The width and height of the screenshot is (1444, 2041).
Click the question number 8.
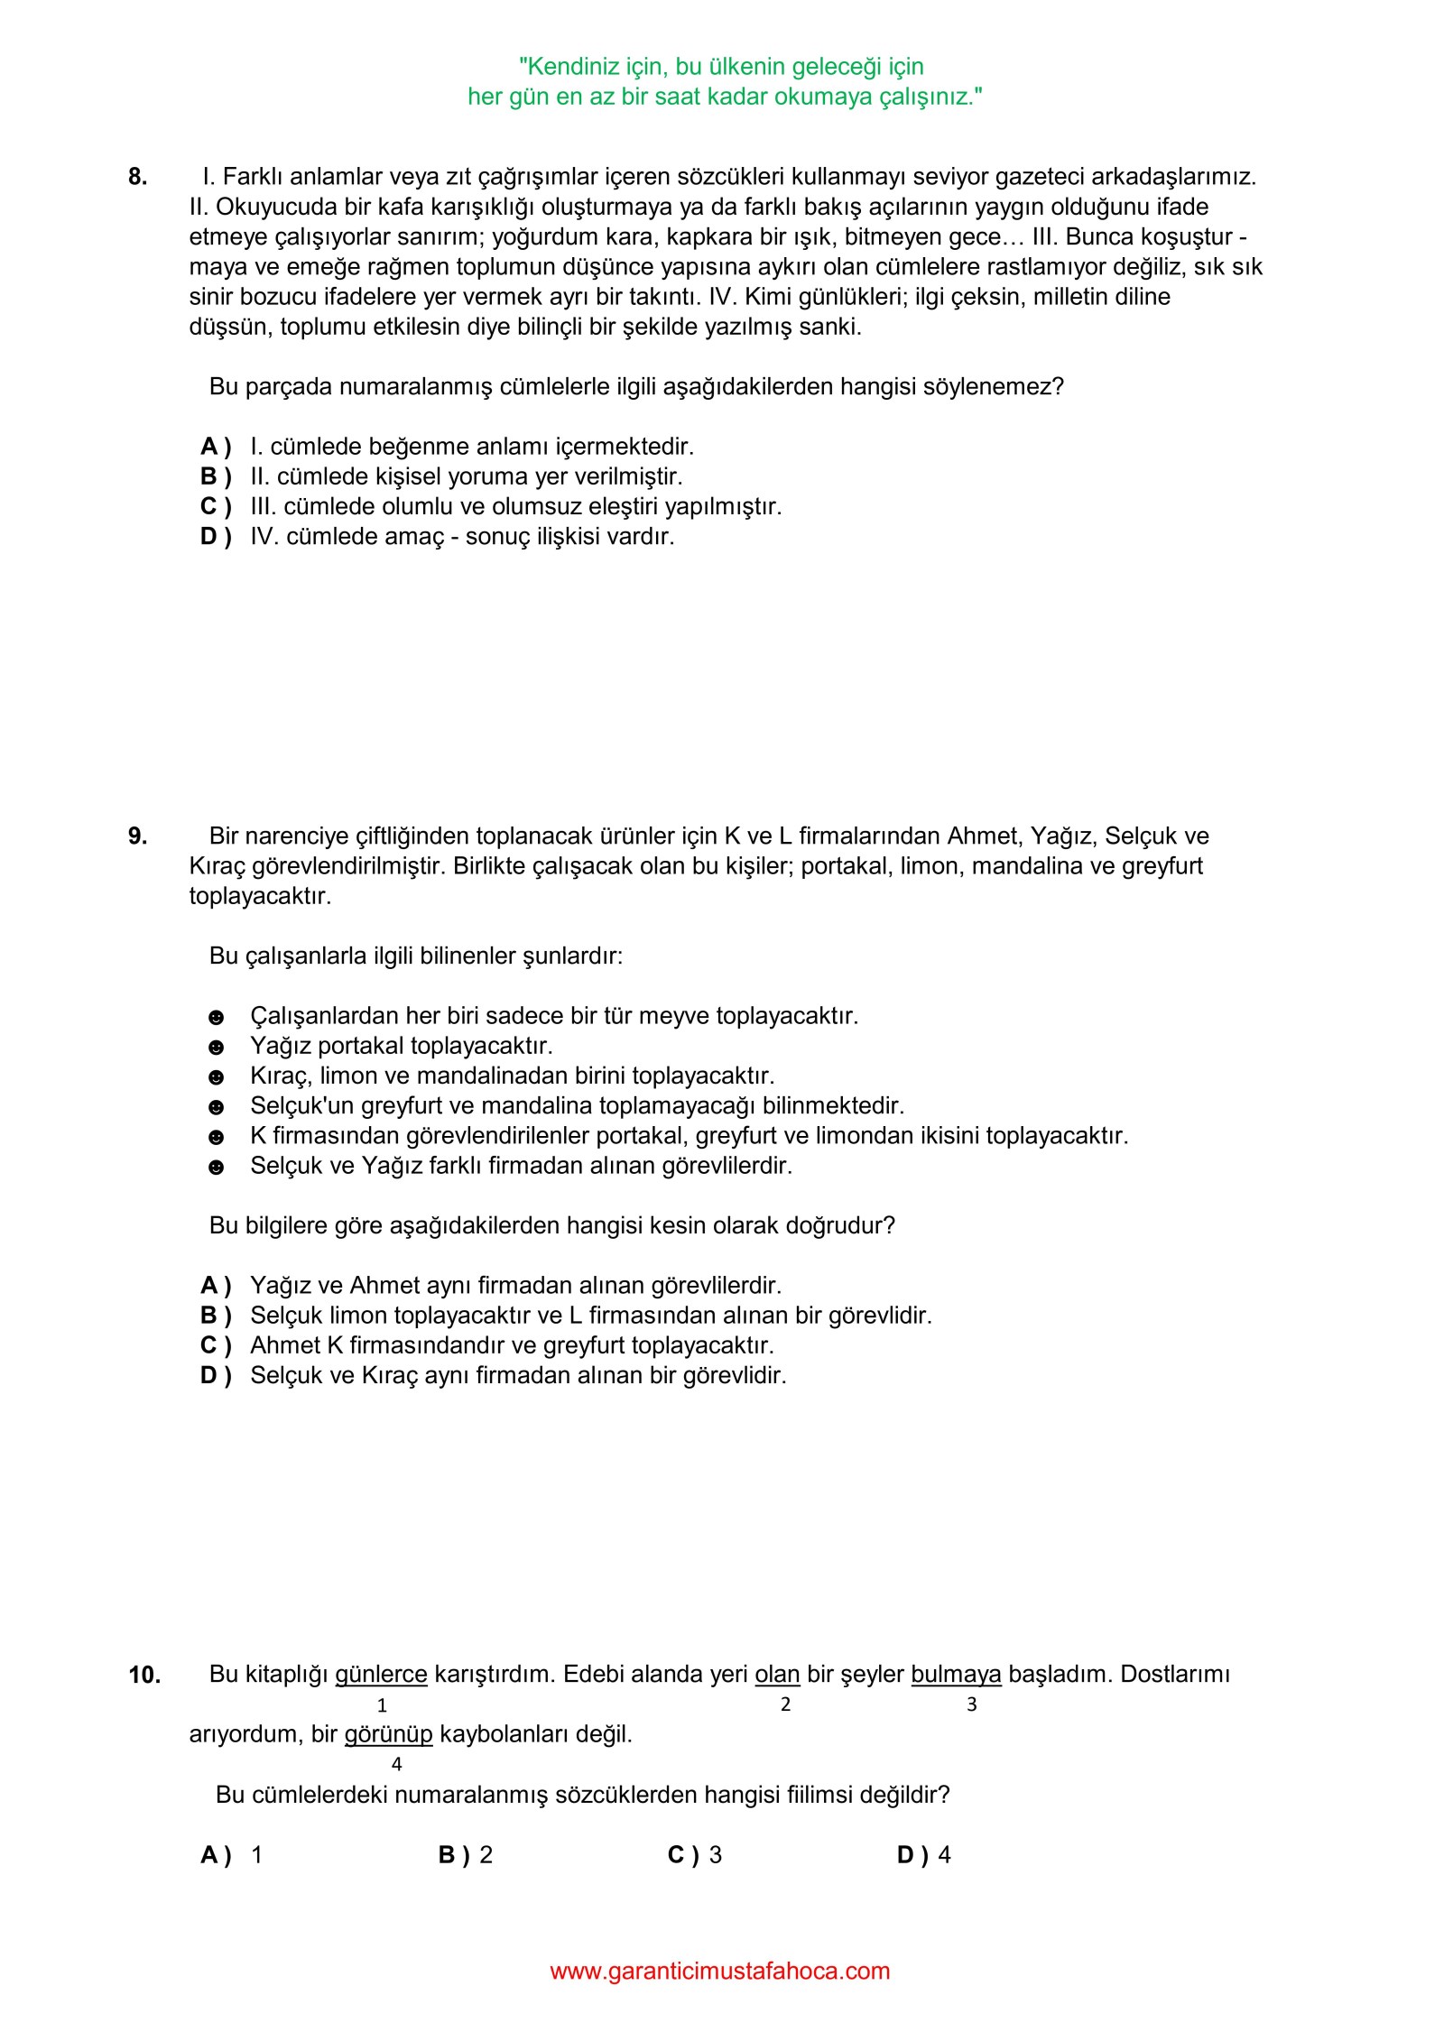(x=137, y=177)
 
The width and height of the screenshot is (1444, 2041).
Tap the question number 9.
(x=137, y=836)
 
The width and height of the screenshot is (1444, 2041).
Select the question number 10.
(x=143, y=1676)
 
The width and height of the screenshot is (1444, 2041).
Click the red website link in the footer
(x=719, y=1971)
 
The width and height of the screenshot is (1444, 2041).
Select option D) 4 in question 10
(x=923, y=1855)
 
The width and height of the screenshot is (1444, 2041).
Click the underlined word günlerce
(x=381, y=1675)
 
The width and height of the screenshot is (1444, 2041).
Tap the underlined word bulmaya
(x=956, y=1675)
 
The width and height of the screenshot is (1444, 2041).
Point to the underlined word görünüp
(x=388, y=1734)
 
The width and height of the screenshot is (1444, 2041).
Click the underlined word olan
(x=777, y=1675)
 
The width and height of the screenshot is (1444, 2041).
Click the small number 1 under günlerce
(x=382, y=1705)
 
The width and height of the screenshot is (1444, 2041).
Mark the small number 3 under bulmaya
(x=972, y=1704)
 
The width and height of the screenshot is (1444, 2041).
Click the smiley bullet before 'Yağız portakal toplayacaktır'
(x=216, y=1048)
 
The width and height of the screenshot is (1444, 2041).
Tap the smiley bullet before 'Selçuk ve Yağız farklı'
(x=216, y=1168)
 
